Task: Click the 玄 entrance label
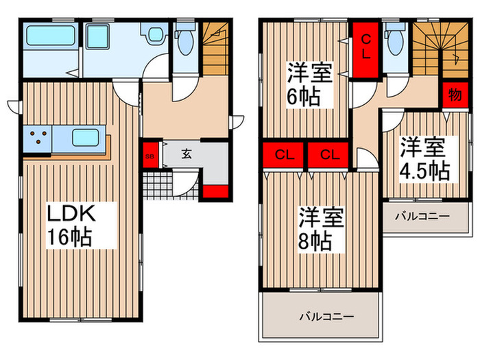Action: tap(186, 154)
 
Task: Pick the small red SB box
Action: tap(149, 156)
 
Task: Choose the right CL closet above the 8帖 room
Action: tap(329, 155)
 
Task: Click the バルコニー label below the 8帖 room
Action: tap(326, 317)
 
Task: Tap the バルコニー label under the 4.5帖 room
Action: tap(422, 217)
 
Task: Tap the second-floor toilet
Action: tap(394, 41)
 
